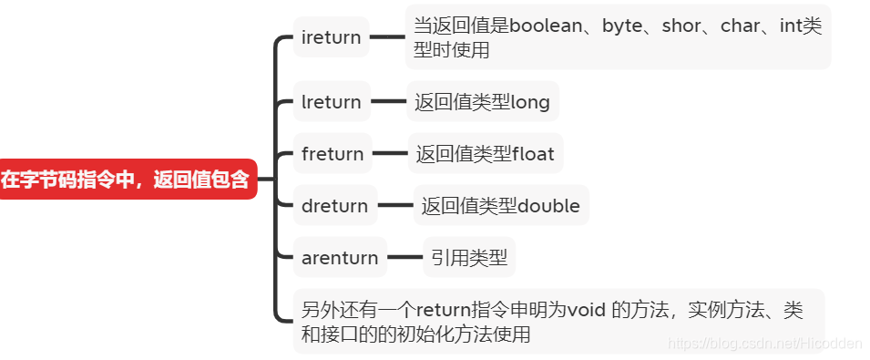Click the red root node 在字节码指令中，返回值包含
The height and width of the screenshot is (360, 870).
[126, 180]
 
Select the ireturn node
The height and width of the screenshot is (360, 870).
[331, 37]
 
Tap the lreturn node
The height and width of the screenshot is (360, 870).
[331, 102]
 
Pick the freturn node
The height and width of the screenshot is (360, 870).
[333, 154]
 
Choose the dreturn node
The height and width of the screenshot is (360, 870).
[334, 206]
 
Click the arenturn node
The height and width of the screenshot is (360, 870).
[340, 258]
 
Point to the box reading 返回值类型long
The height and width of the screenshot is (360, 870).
[482, 102]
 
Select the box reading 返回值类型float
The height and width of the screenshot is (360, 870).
[485, 154]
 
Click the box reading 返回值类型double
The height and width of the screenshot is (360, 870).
[500, 206]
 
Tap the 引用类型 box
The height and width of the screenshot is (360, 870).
[469, 258]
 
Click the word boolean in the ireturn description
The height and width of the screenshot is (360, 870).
[549, 26]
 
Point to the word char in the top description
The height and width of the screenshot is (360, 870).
[740, 26]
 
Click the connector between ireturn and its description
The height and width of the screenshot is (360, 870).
[387, 37]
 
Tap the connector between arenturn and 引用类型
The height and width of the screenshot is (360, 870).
[405, 258]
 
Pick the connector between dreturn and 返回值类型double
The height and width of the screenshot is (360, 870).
[394, 206]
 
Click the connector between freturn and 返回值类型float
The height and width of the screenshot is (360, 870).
[390, 154]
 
